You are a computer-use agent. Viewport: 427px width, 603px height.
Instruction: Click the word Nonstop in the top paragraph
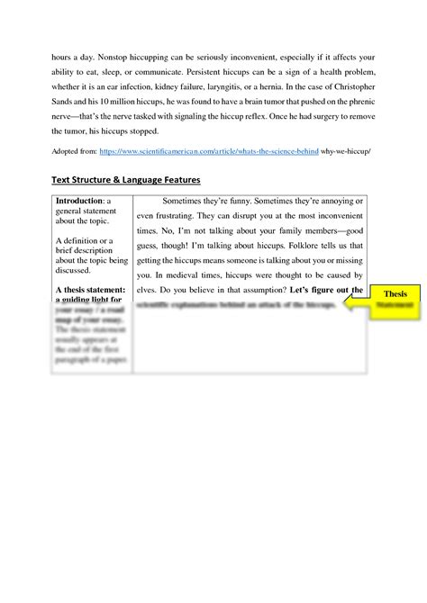click(x=113, y=54)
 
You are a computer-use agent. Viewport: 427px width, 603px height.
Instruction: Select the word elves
click(x=149, y=290)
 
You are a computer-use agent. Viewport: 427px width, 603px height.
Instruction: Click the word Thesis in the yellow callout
click(x=395, y=294)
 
